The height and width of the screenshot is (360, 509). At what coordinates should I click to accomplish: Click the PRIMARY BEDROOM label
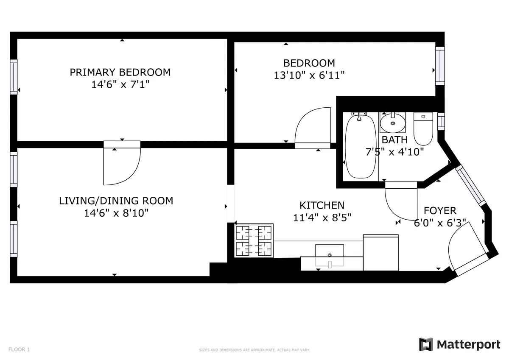pos(120,72)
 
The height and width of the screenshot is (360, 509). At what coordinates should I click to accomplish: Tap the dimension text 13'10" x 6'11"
pos(309,75)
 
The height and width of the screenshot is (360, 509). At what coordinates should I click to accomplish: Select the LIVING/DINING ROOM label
pos(116,201)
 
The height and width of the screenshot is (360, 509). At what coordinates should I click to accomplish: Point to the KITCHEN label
pos(322,206)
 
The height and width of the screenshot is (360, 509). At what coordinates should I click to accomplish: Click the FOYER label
pos(440,211)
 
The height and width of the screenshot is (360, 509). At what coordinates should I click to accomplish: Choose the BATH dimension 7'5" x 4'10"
pos(394,152)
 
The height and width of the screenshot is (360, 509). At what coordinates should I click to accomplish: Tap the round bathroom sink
pos(392,123)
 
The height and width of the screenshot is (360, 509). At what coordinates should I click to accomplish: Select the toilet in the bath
pos(422,128)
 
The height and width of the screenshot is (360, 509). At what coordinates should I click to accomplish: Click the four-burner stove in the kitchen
pos(254,241)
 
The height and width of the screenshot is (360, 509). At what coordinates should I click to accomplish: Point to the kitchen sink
pos(330,255)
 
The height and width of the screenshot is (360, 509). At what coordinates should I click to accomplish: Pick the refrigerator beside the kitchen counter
pos(380,253)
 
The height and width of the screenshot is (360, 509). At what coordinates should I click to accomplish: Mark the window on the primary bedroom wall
pos(14,76)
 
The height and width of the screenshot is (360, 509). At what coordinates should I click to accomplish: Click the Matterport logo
pos(459,344)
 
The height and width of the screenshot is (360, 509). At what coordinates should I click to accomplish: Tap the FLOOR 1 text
pos(19,350)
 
